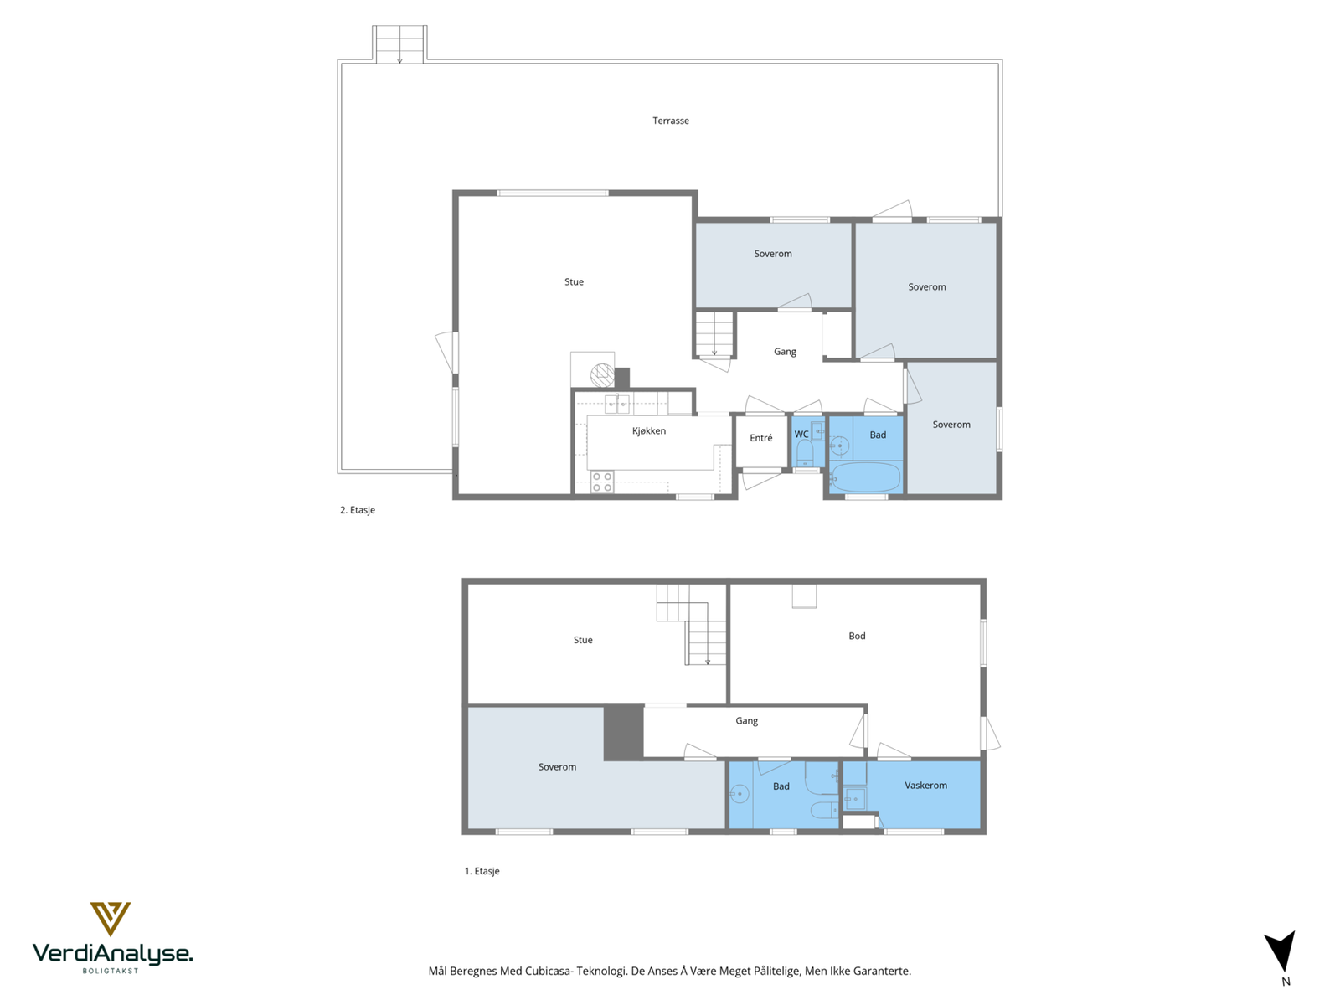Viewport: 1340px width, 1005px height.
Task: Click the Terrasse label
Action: [x=670, y=121]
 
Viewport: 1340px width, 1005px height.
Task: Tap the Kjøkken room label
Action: [x=648, y=430]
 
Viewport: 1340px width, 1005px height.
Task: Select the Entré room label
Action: [x=760, y=437]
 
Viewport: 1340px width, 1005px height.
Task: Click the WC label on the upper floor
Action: [x=801, y=435]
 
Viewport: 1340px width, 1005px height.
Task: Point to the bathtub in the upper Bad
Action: [x=865, y=477]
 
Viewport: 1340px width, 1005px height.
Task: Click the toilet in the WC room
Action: [x=805, y=453]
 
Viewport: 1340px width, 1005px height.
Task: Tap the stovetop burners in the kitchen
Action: [x=601, y=482]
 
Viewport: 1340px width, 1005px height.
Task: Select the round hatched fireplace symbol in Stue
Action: [x=602, y=374]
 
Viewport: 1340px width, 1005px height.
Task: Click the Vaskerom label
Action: [x=925, y=786]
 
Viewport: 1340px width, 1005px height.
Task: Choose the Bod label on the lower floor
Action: [x=857, y=636]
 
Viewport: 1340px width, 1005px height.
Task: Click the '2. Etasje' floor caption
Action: [x=357, y=510]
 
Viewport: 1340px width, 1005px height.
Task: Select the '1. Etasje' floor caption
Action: [x=482, y=871]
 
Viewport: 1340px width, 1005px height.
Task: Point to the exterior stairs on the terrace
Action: [x=399, y=44]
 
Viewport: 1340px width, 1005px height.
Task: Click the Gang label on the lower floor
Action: [x=746, y=720]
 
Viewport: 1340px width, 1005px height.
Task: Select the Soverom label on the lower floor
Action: [x=557, y=767]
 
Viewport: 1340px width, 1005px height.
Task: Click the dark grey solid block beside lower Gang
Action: [x=623, y=732]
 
